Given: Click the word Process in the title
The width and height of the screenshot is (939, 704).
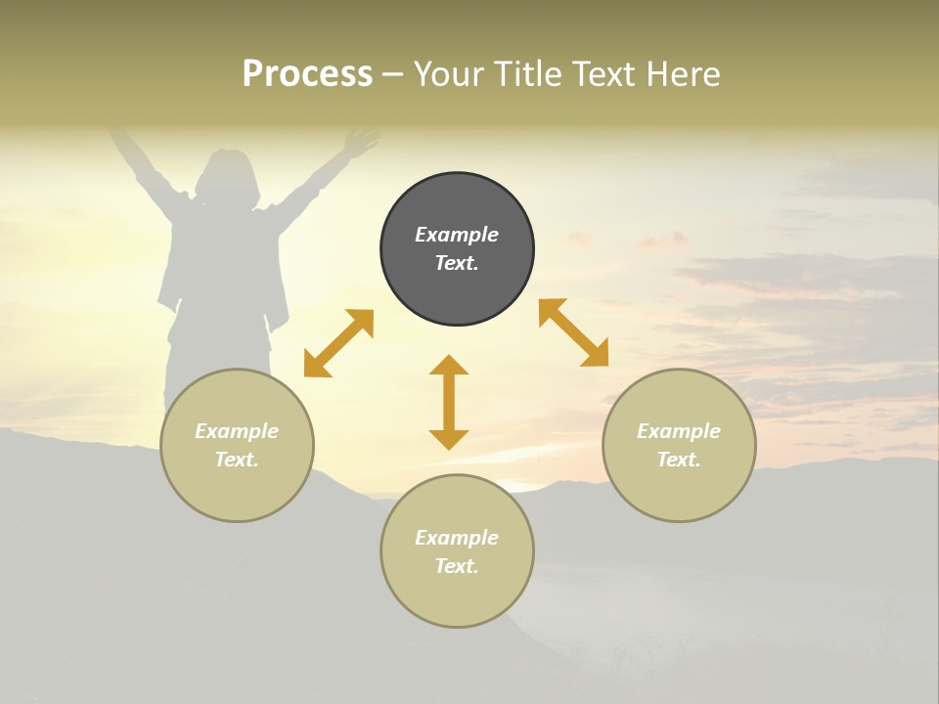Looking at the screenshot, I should point(307,74).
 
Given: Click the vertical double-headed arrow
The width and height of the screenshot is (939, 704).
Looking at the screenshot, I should point(449,402).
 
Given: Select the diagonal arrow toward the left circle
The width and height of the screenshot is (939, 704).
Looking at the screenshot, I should point(338,343).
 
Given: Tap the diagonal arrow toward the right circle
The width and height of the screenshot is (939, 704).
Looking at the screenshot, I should point(574,332).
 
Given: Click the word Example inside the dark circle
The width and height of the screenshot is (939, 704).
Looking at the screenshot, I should point(457,235).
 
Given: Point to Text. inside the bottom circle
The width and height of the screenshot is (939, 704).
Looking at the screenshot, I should point(457,566).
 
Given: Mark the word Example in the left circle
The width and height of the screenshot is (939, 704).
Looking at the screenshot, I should point(237,431).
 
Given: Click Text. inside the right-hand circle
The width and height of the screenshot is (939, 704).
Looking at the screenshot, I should point(679,460).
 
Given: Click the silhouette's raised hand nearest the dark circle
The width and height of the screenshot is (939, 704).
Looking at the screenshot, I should point(360,143).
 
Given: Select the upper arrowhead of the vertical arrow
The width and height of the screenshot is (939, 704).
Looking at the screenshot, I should point(449,366).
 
